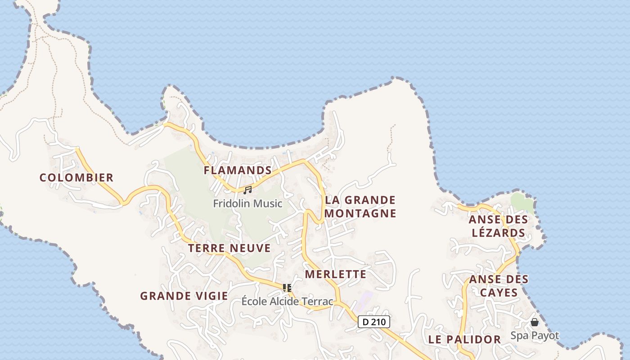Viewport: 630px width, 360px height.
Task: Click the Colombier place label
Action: click(76, 178)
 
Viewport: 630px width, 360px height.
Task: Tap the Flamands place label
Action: click(238, 171)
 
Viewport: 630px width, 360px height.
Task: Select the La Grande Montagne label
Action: click(360, 207)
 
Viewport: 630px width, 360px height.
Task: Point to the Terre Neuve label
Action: click(229, 248)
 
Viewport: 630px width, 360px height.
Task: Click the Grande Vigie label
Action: click(184, 296)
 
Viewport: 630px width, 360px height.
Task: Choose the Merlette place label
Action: click(336, 274)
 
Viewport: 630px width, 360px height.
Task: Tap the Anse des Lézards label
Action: click(498, 226)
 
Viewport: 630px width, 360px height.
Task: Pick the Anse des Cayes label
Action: click(499, 286)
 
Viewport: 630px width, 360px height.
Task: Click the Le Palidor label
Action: click(464, 340)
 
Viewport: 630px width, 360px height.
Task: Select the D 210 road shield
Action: click(374, 322)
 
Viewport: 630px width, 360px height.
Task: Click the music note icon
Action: click(247, 190)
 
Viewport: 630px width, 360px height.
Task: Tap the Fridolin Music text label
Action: click(247, 203)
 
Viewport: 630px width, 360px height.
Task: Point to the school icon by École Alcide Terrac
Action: click(287, 288)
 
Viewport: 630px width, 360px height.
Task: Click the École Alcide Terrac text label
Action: click(288, 301)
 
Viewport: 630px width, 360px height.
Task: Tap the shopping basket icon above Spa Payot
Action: click(535, 322)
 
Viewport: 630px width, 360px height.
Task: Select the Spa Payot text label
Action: click(535, 336)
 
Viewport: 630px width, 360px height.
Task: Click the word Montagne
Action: click(360, 213)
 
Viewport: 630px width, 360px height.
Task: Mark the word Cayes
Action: click(499, 293)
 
